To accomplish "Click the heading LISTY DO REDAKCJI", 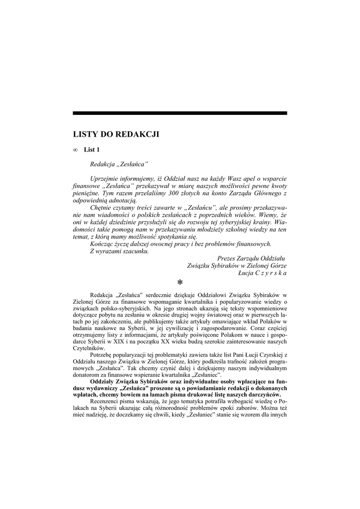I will point(116,134).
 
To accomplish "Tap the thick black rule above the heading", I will point(180,113).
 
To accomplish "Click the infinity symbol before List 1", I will point(75,150).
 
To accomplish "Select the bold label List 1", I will point(92,150).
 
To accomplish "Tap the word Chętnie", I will point(102,207).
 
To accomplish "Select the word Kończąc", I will point(102,244).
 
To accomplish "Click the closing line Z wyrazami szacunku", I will point(119,251).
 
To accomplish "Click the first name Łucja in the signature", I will point(247,273).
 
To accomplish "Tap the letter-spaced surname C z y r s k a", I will point(271,273).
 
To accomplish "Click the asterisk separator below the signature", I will point(180,283).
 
